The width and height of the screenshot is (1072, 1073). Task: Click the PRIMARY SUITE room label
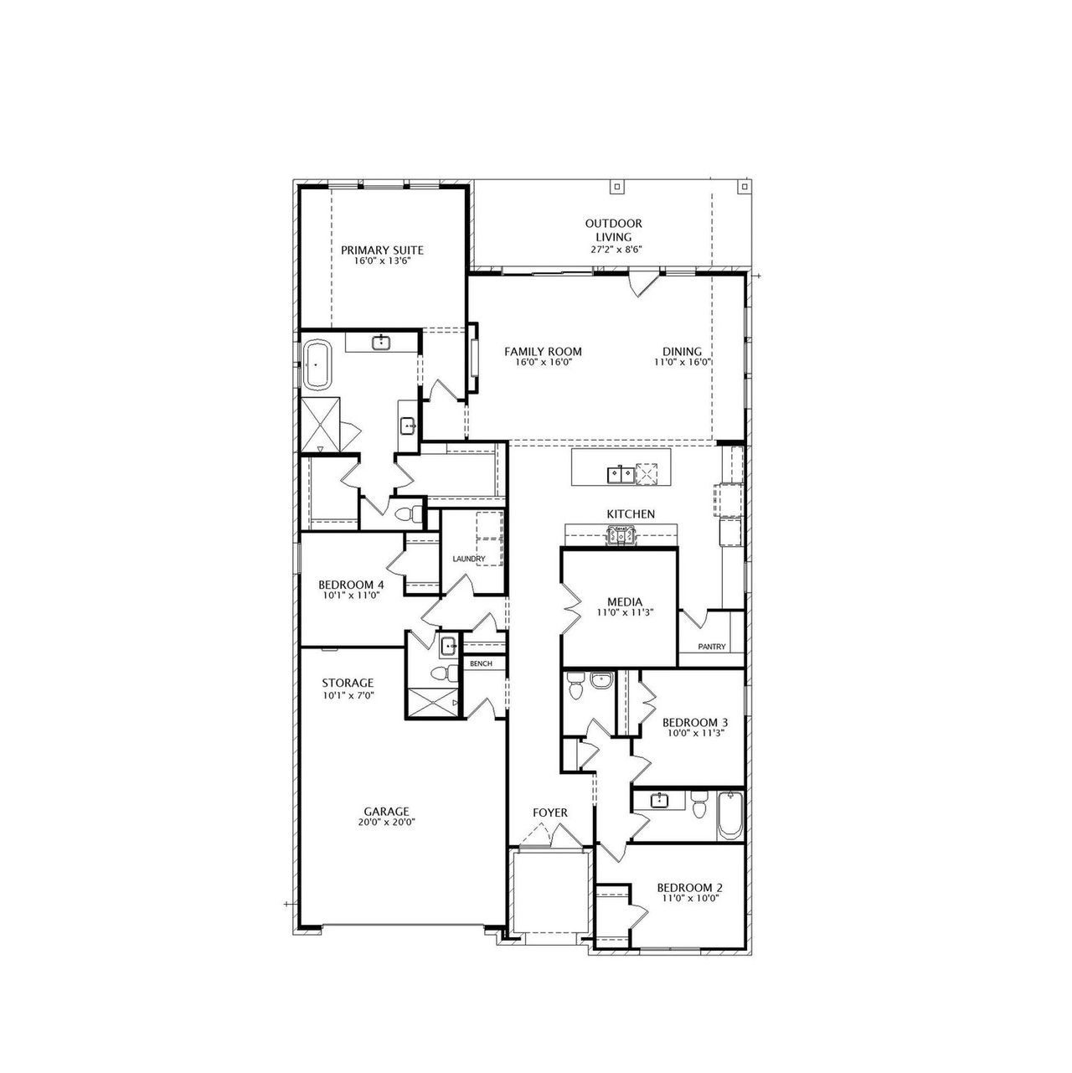pos(382,250)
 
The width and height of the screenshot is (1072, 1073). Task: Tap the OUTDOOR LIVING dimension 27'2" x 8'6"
pos(616,250)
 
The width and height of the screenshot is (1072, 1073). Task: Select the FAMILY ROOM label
pos(543,352)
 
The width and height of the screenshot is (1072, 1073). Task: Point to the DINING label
pos(683,352)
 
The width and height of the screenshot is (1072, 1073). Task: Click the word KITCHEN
pos(631,514)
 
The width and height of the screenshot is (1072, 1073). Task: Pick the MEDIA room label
pos(625,602)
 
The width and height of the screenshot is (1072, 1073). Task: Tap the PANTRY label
pos(712,647)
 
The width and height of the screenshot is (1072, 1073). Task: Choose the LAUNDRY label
pos(469,559)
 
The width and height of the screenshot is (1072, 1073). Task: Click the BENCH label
pos(482,663)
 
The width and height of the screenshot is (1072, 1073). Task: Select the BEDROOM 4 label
pos(351,586)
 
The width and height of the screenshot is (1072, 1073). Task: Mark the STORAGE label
pos(348,684)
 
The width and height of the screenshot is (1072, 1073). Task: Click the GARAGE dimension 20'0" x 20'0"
pos(387,822)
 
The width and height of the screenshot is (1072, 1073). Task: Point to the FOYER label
pos(550,813)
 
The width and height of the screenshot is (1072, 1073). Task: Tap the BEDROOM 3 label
pos(695,723)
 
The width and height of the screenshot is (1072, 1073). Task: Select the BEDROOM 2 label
pos(690,888)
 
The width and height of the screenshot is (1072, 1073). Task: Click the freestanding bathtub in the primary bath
pos(317,365)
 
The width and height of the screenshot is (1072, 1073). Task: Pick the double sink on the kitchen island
pos(621,475)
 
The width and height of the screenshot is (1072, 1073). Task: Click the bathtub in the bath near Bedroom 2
pos(730,816)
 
